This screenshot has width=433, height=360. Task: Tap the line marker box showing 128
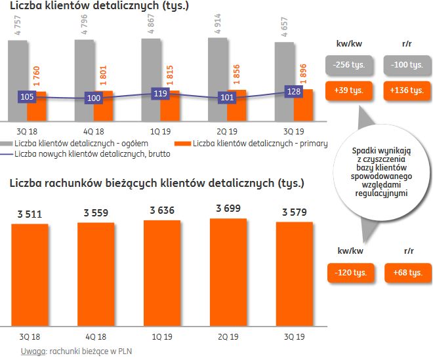(293, 91)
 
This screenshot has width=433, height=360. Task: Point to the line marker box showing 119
(159, 94)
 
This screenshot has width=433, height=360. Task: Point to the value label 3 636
(162, 212)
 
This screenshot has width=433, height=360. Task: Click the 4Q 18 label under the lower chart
(96, 338)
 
